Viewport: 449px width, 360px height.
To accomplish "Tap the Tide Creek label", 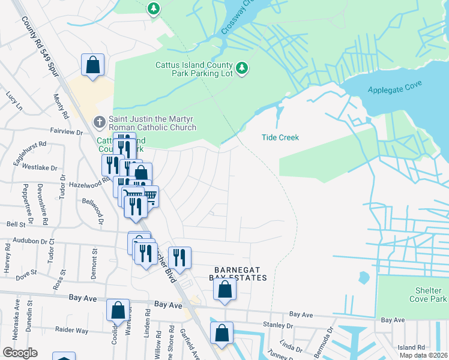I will pyautogui.click(x=280, y=137).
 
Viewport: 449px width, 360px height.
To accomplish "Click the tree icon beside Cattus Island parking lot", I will pyautogui.click(x=242, y=68).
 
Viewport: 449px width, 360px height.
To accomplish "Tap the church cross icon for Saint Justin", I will pyautogui.click(x=100, y=122).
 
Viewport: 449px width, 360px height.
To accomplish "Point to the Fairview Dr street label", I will pyautogui.click(x=66, y=131).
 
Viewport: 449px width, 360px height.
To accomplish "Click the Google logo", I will pyautogui.click(x=20, y=352).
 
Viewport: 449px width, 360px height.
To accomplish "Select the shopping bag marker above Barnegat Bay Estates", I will pyautogui.click(x=224, y=289).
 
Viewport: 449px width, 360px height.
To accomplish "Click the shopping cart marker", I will pyautogui.click(x=150, y=196).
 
